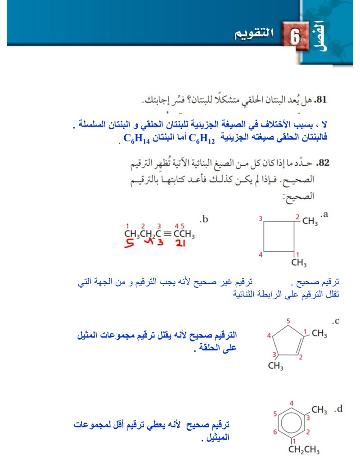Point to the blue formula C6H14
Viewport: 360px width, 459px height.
pyautogui.click(x=136, y=138)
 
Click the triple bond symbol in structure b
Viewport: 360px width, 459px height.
pyautogui.click(x=166, y=234)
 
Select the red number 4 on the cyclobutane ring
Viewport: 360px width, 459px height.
pyautogui.click(x=260, y=255)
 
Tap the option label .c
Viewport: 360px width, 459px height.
pyautogui.click(x=335, y=321)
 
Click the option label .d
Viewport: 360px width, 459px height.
pyautogui.click(x=338, y=409)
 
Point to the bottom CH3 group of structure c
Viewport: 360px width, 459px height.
pyautogui.click(x=275, y=365)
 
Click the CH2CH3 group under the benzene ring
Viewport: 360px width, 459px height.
pyautogui.click(x=304, y=450)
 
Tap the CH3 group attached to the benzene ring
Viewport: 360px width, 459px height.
pyautogui.click(x=319, y=409)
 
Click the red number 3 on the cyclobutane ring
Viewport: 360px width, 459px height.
pyautogui.click(x=260, y=218)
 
